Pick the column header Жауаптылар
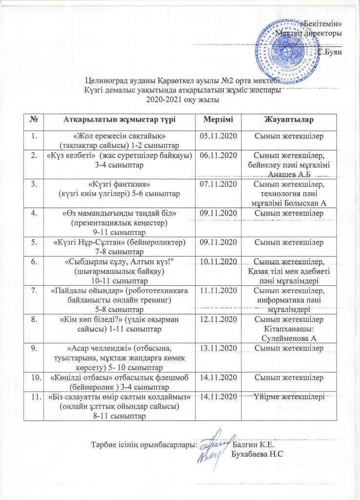(288, 120)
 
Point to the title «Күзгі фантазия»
(119, 185)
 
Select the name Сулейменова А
(290, 337)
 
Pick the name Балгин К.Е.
(254, 444)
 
